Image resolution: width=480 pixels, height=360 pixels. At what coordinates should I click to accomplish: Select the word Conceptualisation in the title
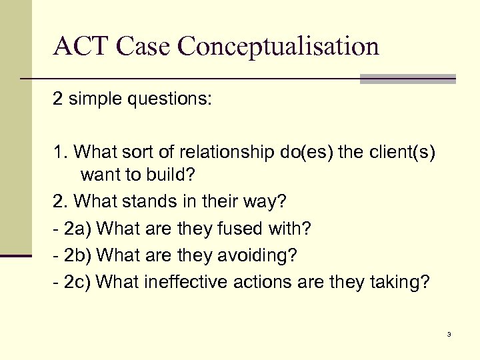279,47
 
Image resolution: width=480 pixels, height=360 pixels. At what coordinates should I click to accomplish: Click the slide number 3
449,334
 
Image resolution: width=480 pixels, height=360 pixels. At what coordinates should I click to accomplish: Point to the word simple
95,99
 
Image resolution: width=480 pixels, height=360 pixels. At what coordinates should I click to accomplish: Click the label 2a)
78,229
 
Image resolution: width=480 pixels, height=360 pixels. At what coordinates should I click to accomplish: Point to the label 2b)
78,256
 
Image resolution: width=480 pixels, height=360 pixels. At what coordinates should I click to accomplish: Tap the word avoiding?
258,256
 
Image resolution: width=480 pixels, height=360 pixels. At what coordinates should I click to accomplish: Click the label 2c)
78,283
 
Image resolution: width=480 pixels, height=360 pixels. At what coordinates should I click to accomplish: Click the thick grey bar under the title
407,79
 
